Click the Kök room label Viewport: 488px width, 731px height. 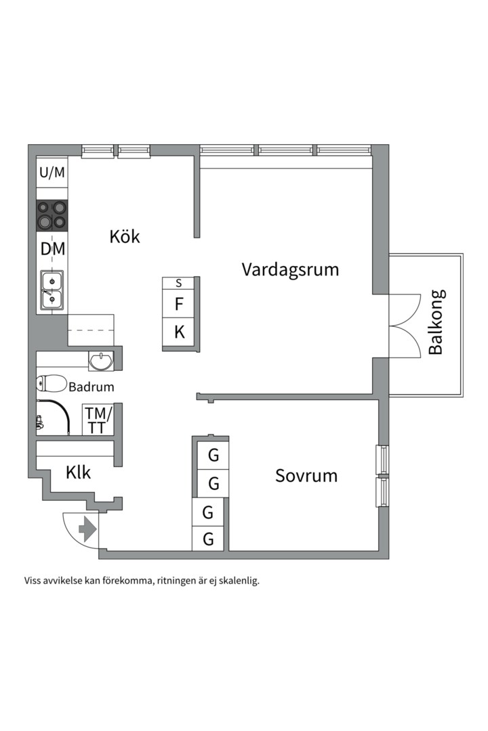coord(125,236)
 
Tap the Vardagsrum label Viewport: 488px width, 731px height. coord(290,269)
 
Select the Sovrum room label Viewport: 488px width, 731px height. coord(306,475)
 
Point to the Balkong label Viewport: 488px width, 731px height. coord(436,322)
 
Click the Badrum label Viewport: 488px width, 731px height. coord(91,387)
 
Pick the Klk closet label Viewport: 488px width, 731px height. coord(78,472)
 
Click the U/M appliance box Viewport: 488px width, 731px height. coord(52,173)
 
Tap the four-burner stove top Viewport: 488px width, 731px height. coord(52,215)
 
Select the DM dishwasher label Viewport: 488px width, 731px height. coord(52,249)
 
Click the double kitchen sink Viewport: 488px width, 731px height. coord(52,290)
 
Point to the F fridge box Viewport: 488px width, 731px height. coord(179,305)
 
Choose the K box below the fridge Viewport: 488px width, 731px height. coord(179,332)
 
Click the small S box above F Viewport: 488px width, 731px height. coord(179,283)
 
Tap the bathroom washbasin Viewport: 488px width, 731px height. coord(102,361)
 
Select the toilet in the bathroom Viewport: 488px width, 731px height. coord(51,383)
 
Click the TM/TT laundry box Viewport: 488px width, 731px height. coord(98,420)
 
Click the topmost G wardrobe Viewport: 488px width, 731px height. coord(213,456)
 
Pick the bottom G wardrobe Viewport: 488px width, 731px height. coord(209,539)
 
